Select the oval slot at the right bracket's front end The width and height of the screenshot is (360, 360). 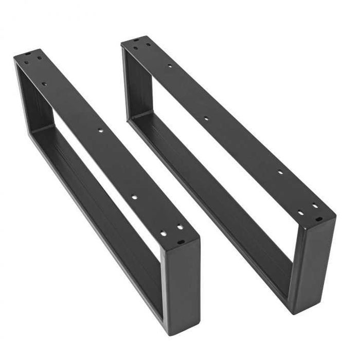pyautogui.click(x=319, y=219)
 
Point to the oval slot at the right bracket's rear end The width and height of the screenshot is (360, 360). pyautogui.click(x=136, y=40)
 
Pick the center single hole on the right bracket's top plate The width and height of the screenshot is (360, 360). pyautogui.click(x=206, y=118)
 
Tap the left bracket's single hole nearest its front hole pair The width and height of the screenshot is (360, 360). pyautogui.click(x=134, y=197)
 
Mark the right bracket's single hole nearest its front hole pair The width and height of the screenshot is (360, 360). pyautogui.click(x=280, y=173)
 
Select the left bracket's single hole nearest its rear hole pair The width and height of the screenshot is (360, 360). pyautogui.click(x=44, y=83)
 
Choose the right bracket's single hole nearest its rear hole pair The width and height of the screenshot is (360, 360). pyautogui.click(x=170, y=66)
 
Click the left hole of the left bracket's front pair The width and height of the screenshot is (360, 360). pyautogui.click(x=163, y=233)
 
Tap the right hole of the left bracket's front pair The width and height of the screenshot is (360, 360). pyautogui.click(x=179, y=227)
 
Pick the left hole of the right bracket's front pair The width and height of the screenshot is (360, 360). pyautogui.click(x=301, y=212)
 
